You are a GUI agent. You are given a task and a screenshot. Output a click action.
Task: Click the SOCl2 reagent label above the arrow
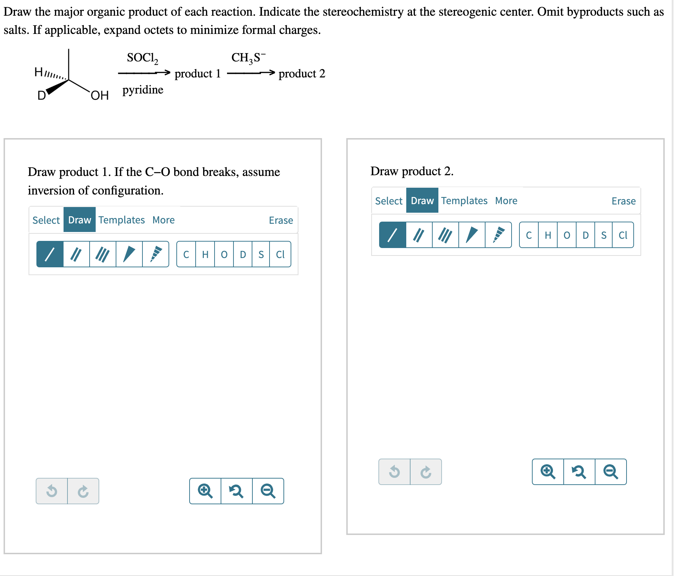142,58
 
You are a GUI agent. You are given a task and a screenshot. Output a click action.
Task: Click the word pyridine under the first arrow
143,90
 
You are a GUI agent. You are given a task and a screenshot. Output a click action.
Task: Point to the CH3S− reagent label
248,57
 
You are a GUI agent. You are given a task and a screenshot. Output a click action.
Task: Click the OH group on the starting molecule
100,95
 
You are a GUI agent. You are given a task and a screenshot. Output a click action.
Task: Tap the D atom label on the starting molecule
41,95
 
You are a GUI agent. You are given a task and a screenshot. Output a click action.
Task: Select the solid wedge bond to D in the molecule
57,87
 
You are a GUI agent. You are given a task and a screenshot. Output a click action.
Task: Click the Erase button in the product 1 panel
281,220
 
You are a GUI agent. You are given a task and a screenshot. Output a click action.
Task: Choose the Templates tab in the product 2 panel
464,201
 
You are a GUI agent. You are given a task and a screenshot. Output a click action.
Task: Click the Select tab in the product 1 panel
46,220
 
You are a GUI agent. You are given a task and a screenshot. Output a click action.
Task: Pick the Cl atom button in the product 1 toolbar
280,254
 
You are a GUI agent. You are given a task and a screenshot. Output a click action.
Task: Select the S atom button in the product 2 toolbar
604,235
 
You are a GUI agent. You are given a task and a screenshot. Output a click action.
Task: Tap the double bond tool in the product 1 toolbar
76,254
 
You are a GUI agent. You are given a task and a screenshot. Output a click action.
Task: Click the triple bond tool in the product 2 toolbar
445,235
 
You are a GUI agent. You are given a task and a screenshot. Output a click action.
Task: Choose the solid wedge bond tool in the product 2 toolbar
472,235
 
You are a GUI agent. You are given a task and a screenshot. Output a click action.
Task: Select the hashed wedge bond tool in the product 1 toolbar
156,254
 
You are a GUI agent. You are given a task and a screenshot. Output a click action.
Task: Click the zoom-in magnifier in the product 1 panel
205,491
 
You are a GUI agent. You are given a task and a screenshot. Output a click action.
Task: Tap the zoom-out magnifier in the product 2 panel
610,472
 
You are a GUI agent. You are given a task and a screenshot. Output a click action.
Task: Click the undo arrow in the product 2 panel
394,472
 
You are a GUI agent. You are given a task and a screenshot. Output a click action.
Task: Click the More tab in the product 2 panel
506,201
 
